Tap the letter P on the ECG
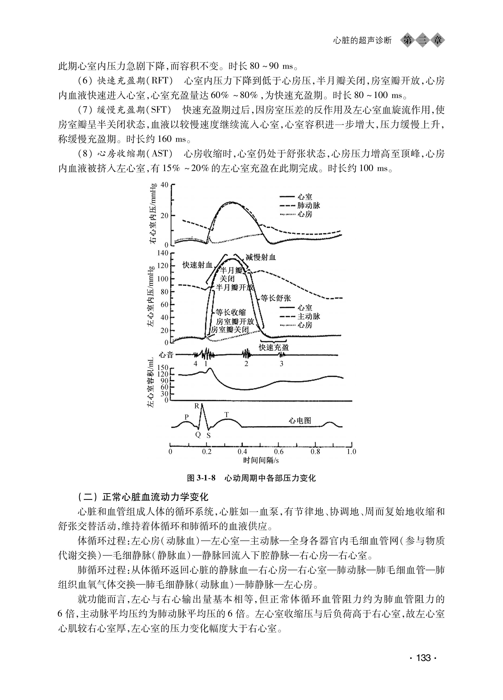coord(187,417)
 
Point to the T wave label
coord(227,414)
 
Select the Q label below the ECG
coord(198,435)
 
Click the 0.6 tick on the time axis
coord(279,452)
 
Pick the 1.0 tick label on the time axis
coord(351,452)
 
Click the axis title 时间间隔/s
coord(261,460)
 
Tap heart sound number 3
coord(281,364)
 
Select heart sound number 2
coord(246,364)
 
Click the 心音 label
coord(166,355)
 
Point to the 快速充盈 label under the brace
coord(274,348)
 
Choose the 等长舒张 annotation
coord(276,298)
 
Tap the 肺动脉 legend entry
coord(309,205)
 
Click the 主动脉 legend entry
coord(309,316)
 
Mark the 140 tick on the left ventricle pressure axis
coord(163,253)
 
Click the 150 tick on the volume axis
coord(163,368)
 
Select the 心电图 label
coord(300,421)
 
